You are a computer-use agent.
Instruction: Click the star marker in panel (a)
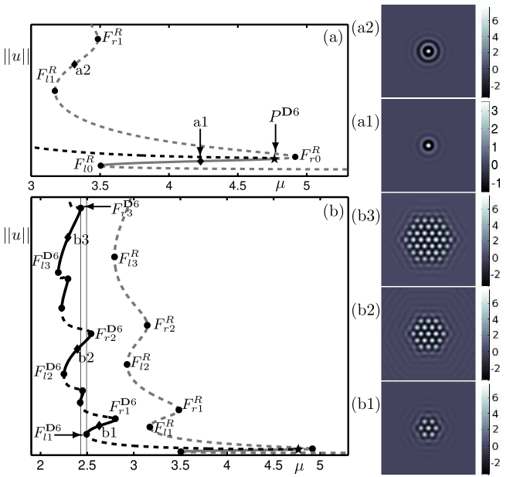[274, 159]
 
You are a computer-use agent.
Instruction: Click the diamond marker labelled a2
[75, 64]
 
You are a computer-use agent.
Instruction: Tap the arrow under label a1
[200, 143]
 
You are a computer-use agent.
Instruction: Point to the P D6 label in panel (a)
[284, 115]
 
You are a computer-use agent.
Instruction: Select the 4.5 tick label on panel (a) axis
[237, 186]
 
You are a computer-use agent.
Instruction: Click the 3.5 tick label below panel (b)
[180, 465]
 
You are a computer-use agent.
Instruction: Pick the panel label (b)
[333, 212]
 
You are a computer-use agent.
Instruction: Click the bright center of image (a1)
[428, 145]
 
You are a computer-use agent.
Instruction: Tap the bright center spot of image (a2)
[428, 51]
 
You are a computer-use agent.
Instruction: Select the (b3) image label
[365, 216]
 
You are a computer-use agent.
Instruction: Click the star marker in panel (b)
[298, 449]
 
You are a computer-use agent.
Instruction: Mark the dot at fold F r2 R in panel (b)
[148, 325]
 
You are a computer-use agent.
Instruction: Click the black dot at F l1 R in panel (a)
[55, 90]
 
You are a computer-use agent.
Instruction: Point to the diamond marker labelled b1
[100, 426]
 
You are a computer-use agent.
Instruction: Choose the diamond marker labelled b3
[68, 237]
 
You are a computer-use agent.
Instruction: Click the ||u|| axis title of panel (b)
[17, 236]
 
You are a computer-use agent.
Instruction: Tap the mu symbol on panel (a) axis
[280, 186]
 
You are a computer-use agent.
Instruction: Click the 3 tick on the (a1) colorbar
[494, 111]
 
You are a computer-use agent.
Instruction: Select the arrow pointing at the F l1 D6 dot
[68, 434]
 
